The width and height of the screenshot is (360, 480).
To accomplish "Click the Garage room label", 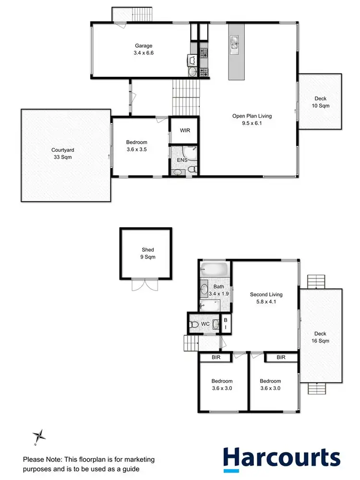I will pos(143,50).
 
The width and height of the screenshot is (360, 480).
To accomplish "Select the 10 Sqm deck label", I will pos(320,101).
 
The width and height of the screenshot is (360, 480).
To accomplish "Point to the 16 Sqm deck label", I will pos(320,337).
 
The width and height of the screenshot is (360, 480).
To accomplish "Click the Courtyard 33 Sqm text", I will pos(63,153).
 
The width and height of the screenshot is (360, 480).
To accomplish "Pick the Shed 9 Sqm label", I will pos(147,253).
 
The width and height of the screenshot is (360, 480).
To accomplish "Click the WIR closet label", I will pos(185,130).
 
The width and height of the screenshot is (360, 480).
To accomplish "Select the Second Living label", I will pos(266,298).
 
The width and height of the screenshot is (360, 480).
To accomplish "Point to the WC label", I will pos(205,324).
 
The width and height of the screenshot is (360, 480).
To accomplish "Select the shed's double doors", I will pos(144,284).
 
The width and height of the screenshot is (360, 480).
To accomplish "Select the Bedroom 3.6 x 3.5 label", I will pos(136,146).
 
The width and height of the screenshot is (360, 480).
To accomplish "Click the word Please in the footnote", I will pos(33,458).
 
